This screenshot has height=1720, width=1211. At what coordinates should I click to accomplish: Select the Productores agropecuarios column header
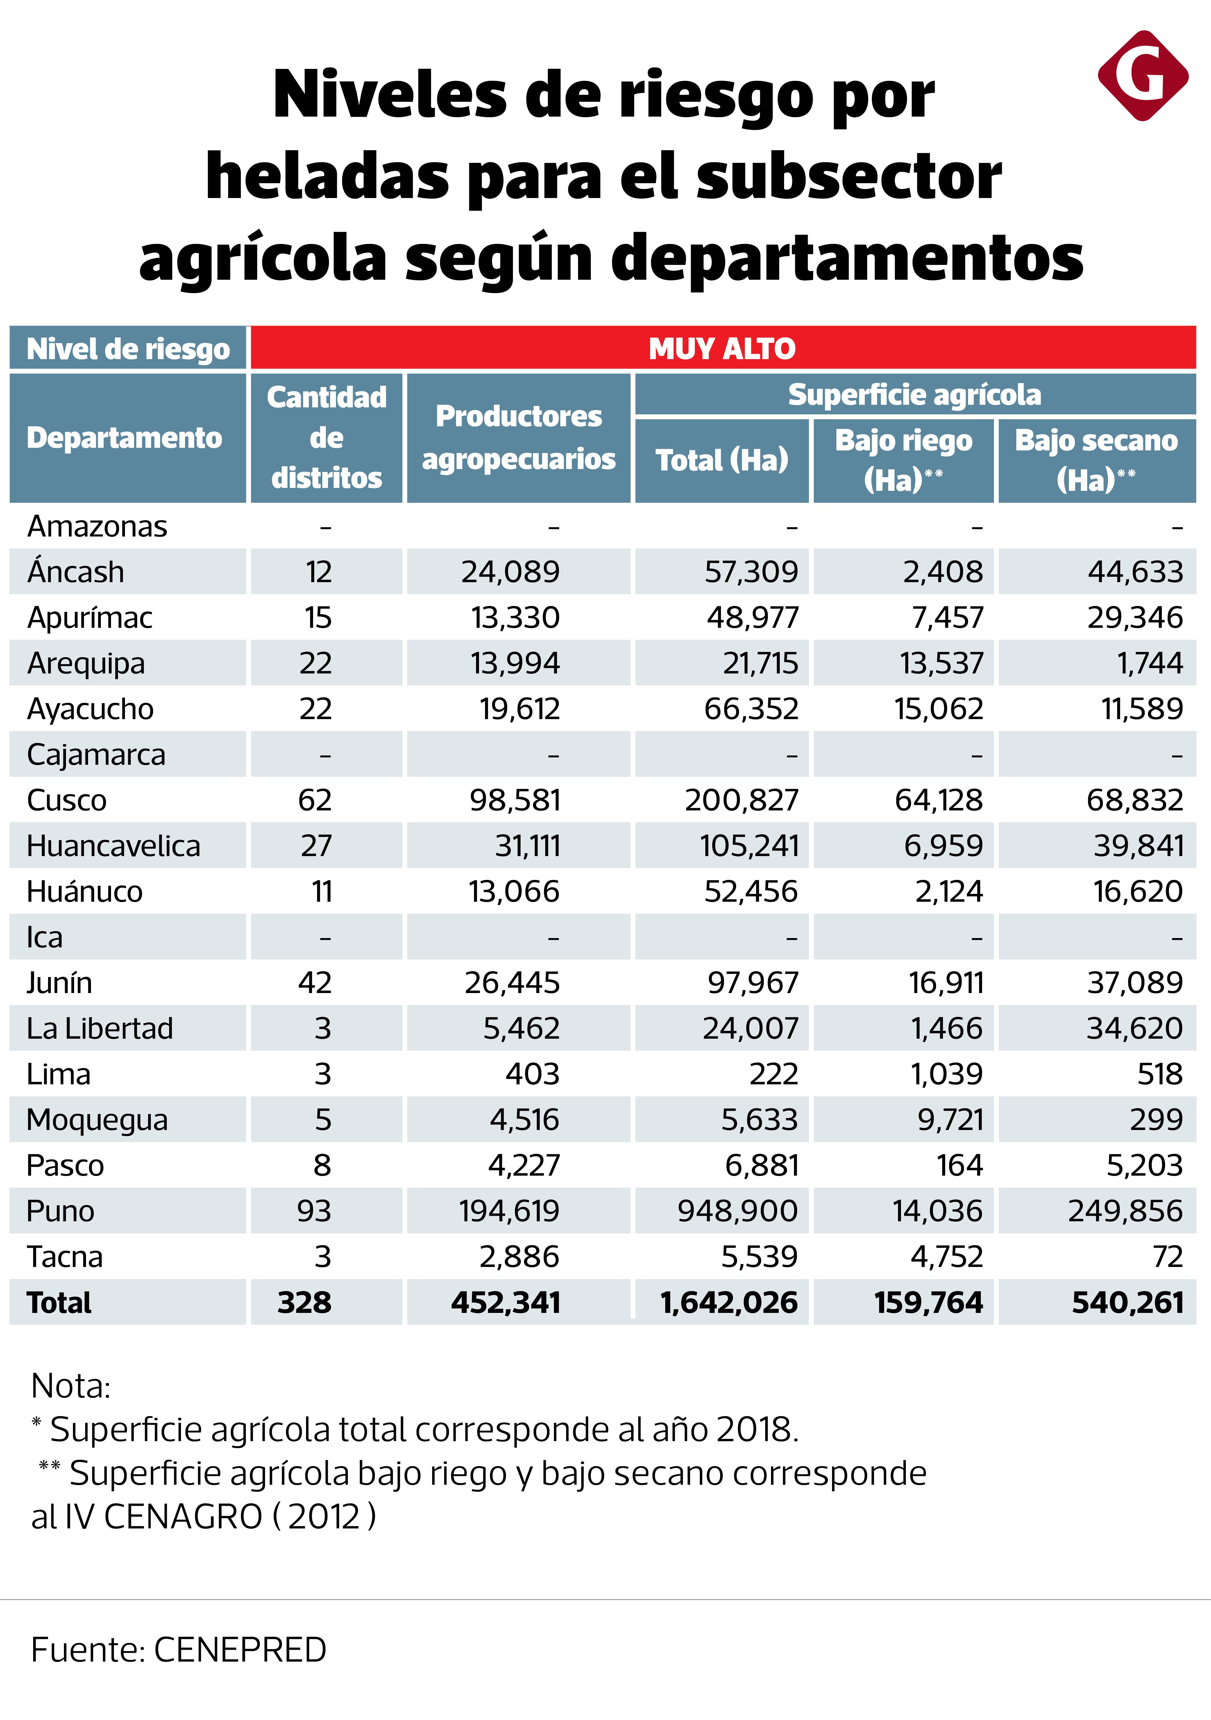[x=518, y=438]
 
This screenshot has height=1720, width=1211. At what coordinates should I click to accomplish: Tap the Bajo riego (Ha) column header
[x=903, y=460]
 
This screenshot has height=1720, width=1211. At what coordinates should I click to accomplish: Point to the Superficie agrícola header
[x=915, y=395]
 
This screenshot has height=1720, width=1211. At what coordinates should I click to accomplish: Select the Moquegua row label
[x=97, y=1120]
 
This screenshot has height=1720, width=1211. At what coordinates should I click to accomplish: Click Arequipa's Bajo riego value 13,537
[x=941, y=663]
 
